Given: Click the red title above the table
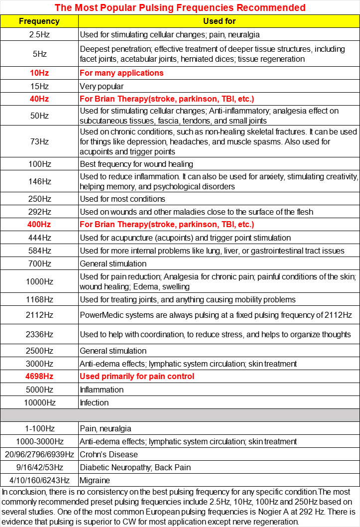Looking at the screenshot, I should pyautogui.click(x=180, y=7).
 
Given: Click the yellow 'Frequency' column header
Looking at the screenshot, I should pyautogui.click(x=39, y=21).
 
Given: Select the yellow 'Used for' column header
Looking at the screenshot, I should pyautogui.click(x=219, y=21).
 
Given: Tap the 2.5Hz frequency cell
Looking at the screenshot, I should pyautogui.click(x=39, y=35).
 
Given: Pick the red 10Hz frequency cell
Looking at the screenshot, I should pyautogui.click(x=39, y=73).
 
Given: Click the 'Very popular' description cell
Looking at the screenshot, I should pyautogui.click(x=102, y=86).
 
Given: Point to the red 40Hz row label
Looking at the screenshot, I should pyautogui.click(x=39, y=99).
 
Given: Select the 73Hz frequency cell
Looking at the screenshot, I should pyautogui.click(x=39, y=141).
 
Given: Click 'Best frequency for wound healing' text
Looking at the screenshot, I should pyautogui.click(x=136, y=164).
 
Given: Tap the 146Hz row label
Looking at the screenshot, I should pyautogui.click(x=39, y=181).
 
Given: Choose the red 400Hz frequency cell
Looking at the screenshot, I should pyautogui.click(x=39, y=225).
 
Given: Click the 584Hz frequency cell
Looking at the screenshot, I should pyautogui.click(x=39, y=251).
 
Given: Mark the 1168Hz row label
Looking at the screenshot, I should pyautogui.click(x=39, y=299).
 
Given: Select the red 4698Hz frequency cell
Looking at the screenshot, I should pyautogui.click(x=39, y=376).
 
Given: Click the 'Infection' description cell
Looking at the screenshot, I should pyautogui.click(x=94, y=402).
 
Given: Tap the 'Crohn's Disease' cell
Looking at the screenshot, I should pyautogui.click(x=109, y=454).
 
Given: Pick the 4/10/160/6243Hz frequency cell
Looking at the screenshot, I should pyautogui.click(x=39, y=481).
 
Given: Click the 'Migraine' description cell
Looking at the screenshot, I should pyautogui.click(x=95, y=481).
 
